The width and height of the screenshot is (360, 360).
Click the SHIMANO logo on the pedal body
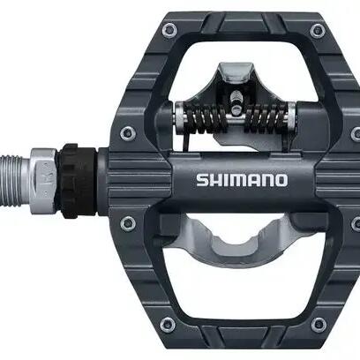(242, 180)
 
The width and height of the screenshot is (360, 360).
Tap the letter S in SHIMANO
(203, 180)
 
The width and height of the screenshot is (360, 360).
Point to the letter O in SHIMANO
(281, 180)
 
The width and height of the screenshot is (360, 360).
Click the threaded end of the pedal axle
(15, 180)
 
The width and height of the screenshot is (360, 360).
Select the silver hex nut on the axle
(43, 181)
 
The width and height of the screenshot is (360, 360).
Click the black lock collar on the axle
(77, 181)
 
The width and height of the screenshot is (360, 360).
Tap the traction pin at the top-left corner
(169, 29)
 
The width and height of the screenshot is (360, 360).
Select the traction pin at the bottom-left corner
(168, 324)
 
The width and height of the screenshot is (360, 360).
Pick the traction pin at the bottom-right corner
(319, 324)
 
